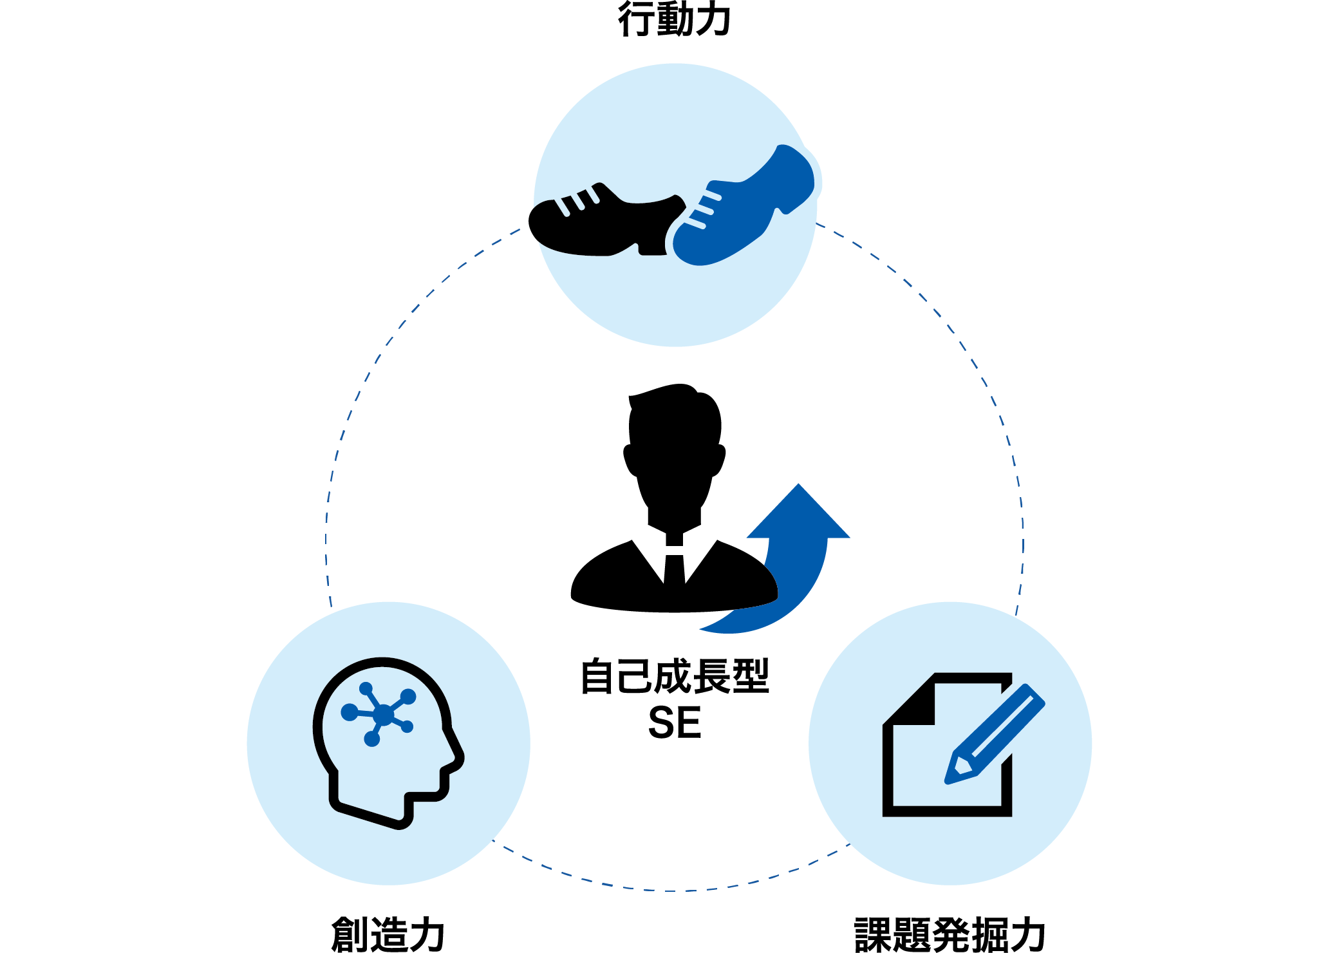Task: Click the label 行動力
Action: tap(674, 19)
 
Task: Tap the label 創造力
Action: tap(388, 934)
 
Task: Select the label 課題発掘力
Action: tap(950, 934)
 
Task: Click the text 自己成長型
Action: tap(675, 676)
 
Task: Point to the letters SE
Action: tap(675, 722)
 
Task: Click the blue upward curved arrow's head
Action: tap(798, 512)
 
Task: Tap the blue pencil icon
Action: tap(995, 734)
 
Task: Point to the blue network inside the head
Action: tap(380, 713)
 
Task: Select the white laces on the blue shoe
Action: tap(703, 208)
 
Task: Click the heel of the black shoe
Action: tap(653, 248)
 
